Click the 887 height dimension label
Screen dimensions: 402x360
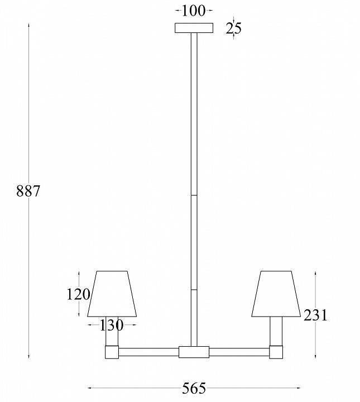point(28,191)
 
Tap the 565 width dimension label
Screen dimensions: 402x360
point(194,388)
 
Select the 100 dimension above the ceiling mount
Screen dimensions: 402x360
point(194,11)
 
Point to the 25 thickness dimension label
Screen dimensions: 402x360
point(234,28)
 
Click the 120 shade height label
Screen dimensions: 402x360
point(78,294)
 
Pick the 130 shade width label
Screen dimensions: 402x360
point(112,324)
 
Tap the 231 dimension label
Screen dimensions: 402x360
point(315,315)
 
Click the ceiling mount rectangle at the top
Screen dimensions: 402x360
point(194,28)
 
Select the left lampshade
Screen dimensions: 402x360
point(112,294)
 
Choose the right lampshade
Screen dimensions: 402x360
point(275,294)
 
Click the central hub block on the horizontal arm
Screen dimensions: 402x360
point(194,352)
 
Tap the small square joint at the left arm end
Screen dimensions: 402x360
point(112,352)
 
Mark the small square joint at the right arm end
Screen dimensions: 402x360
point(276,352)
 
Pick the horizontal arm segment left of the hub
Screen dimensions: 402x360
point(149,352)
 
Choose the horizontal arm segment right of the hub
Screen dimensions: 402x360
point(239,352)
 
